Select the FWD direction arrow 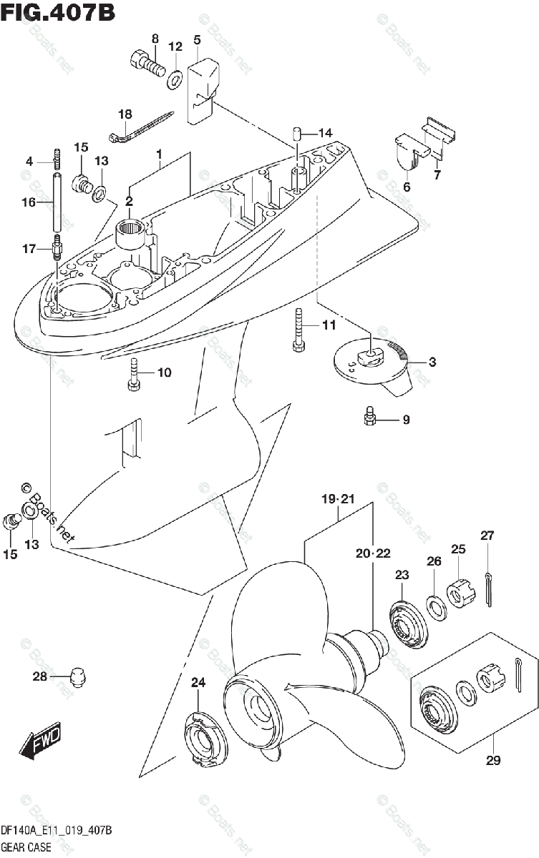[42, 743]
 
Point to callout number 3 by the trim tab [432, 363]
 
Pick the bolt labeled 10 [134, 374]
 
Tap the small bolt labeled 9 [370, 416]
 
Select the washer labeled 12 [175, 79]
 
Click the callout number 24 [198, 683]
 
